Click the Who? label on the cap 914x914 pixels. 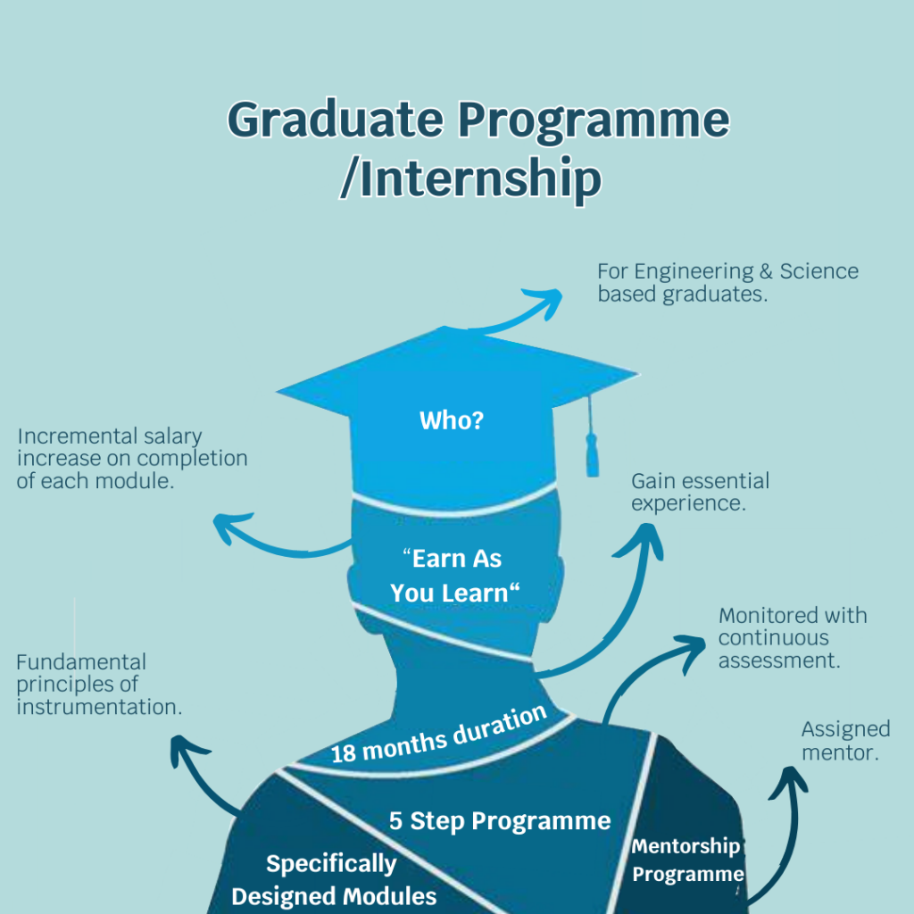coord(452,420)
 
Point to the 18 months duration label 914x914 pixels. coord(437,734)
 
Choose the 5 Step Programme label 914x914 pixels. coord(500,820)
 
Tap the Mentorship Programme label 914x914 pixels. coord(686,860)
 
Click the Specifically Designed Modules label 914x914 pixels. coord(334,879)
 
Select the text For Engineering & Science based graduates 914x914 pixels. coord(727,282)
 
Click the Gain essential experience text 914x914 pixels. coord(700,492)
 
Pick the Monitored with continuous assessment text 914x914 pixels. coord(793,638)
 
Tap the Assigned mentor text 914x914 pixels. coord(845,741)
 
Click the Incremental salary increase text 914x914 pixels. coord(132,459)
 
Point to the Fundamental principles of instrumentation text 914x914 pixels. coord(98,685)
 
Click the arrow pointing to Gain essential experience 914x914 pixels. coord(625,607)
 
